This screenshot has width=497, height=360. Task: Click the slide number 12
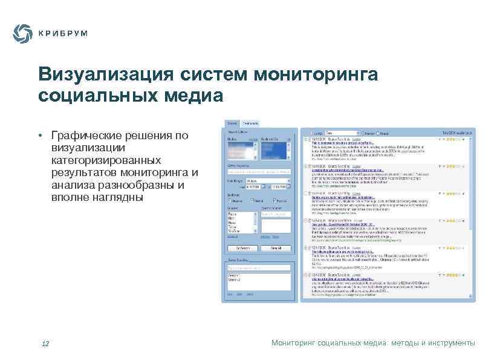tap(45, 344)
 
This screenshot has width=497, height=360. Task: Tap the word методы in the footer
tap(409, 343)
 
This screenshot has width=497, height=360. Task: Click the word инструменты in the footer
tap(452, 343)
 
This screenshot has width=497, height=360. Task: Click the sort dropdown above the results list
tap(340, 132)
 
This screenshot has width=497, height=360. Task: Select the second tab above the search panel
tap(251, 123)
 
